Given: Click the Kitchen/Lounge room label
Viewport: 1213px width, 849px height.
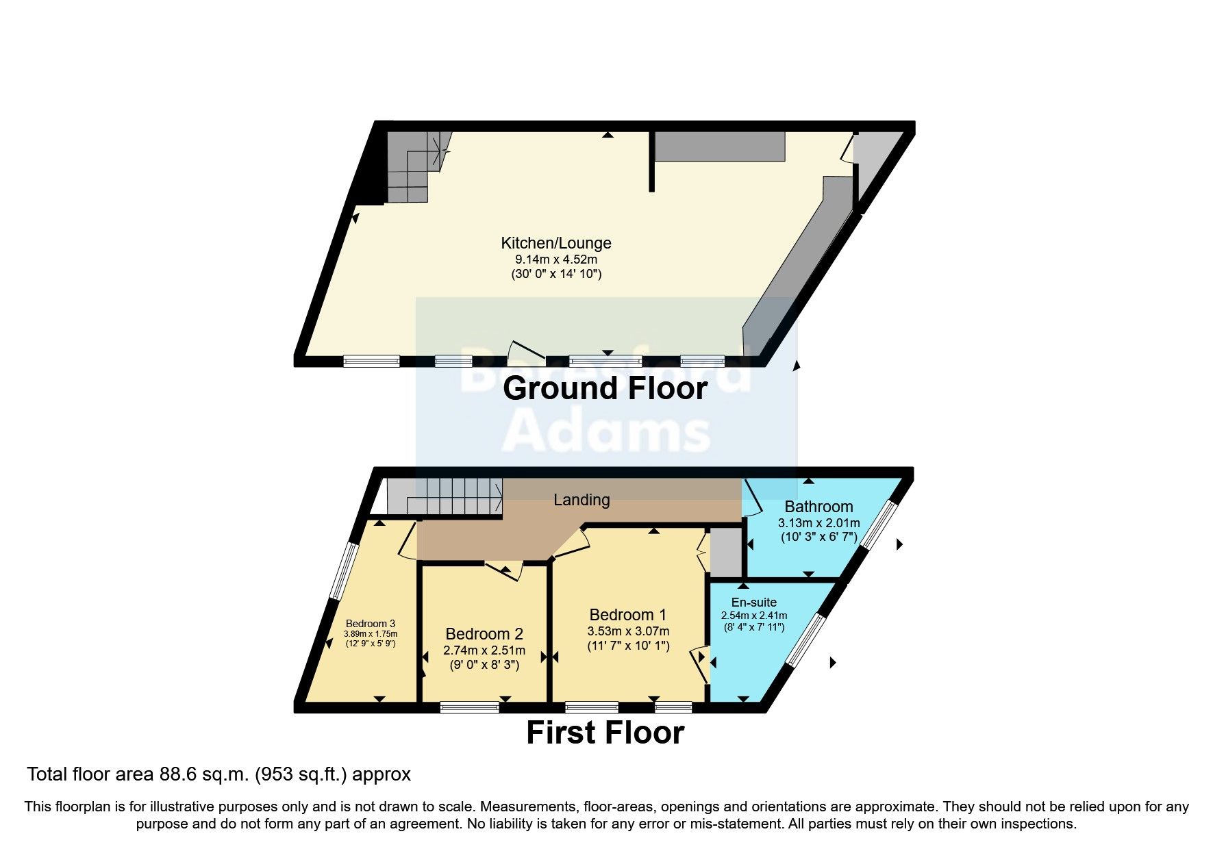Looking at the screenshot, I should (x=555, y=243).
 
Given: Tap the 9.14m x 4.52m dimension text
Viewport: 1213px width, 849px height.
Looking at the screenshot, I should (x=555, y=259).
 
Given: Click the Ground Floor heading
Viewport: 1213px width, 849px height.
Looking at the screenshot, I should (x=605, y=388).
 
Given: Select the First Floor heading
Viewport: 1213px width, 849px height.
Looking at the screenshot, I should (x=605, y=733).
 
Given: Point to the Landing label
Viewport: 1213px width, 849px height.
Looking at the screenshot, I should (x=582, y=500).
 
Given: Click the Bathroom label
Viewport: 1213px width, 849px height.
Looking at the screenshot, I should (x=818, y=507).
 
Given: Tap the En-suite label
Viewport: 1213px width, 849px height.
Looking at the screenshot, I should (x=753, y=603).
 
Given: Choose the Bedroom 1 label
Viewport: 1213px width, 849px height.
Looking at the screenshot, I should (x=627, y=615).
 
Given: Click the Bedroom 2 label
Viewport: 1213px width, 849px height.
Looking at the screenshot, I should (x=484, y=634).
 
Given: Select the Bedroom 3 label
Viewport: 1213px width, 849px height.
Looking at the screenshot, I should (x=370, y=624).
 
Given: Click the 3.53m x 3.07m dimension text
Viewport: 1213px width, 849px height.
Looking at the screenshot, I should (x=628, y=631).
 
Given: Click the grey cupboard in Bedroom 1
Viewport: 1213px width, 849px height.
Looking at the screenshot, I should (x=725, y=552).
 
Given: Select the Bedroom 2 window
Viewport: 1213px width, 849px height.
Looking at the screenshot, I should (x=470, y=707).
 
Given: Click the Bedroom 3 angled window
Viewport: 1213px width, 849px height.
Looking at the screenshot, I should (x=342, y=572).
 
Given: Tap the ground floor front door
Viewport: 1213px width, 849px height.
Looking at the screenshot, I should (x=526, y=350).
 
